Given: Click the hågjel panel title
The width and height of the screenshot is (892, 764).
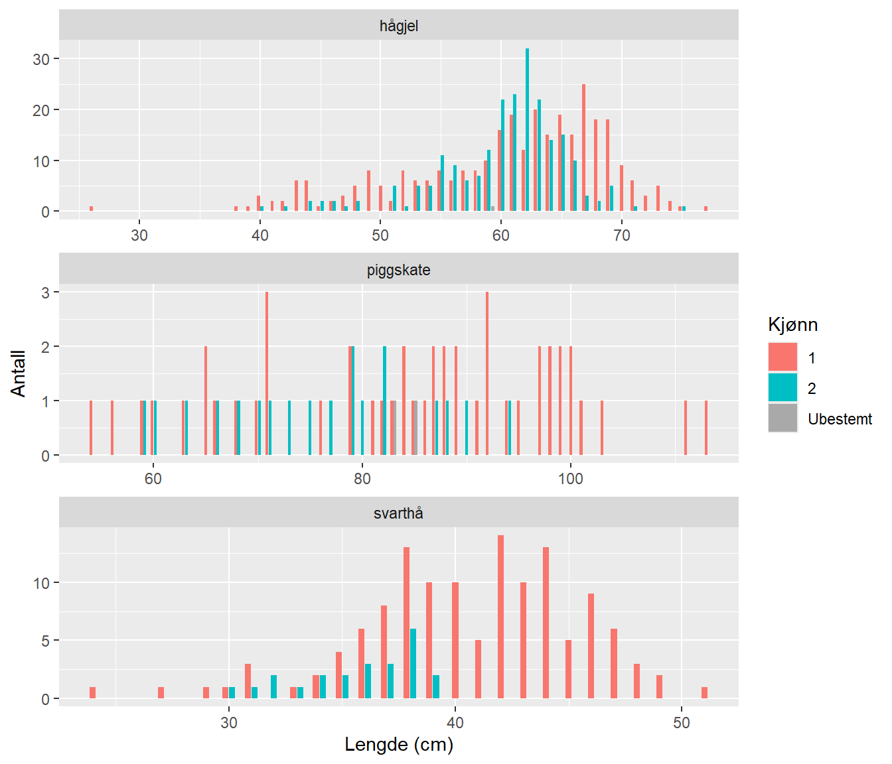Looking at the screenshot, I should coord(398,26).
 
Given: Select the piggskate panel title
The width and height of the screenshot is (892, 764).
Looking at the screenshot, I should coord(398,270).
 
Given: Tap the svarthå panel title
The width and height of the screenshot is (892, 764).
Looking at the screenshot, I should coord(398,513).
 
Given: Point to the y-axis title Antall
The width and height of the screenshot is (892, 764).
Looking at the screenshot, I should coord(19,373).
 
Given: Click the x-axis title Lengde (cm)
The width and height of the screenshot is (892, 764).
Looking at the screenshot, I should coord(398,745).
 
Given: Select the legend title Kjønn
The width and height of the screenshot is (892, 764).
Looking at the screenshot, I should coord(792,325).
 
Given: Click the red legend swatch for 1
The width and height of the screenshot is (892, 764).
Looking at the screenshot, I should coord(782,357).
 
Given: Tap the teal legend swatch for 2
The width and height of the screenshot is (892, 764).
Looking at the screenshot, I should coord(782,388).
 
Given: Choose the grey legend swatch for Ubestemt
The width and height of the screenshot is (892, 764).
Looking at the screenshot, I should coord(782,418).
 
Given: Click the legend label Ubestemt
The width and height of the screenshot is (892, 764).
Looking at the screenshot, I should coord(840,419).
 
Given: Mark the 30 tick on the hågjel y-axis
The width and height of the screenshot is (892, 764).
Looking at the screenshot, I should coord(41,59).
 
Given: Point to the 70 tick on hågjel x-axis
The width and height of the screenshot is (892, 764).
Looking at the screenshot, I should coord(621,235).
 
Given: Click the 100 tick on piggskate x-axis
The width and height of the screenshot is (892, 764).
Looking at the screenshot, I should coord(570,479).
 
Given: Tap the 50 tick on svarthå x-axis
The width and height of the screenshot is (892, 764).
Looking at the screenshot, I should coord(682,723).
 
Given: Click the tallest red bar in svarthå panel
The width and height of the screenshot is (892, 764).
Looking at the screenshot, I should coord(500,617).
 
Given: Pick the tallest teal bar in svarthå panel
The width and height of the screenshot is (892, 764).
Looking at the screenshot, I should coord(413,663).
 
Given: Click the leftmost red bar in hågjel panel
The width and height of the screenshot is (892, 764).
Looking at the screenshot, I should coord(91,209).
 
